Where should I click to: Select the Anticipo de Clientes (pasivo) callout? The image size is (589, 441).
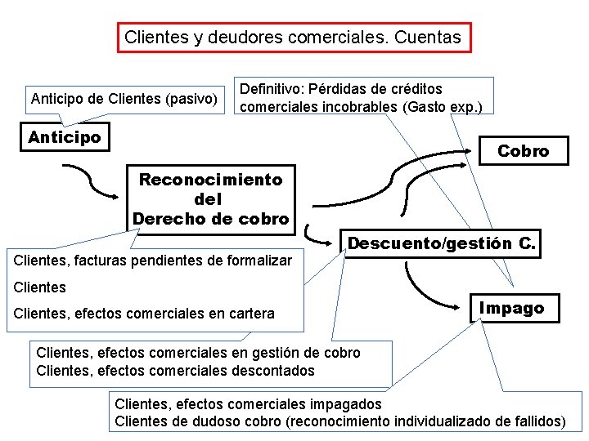(124, 100)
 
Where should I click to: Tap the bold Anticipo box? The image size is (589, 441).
(65, 137)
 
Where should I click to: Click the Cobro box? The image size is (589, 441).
(523, 151)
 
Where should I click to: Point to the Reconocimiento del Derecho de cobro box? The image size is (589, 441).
(210, 198)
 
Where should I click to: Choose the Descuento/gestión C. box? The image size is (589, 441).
(442, 243)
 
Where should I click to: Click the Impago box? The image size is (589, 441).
(511, 308)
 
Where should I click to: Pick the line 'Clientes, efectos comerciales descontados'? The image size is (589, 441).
(175, 371)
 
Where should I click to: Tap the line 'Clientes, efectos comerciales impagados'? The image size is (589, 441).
(248, 404)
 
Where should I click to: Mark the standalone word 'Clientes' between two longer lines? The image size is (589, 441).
(40, 287)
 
